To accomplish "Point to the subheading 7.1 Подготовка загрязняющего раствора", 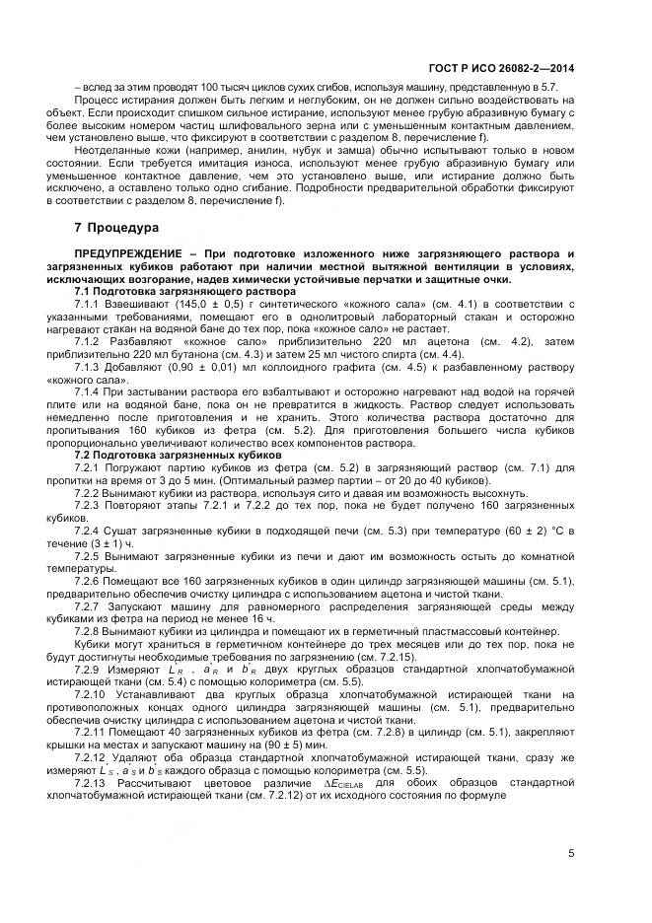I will click(x=184, y=292).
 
